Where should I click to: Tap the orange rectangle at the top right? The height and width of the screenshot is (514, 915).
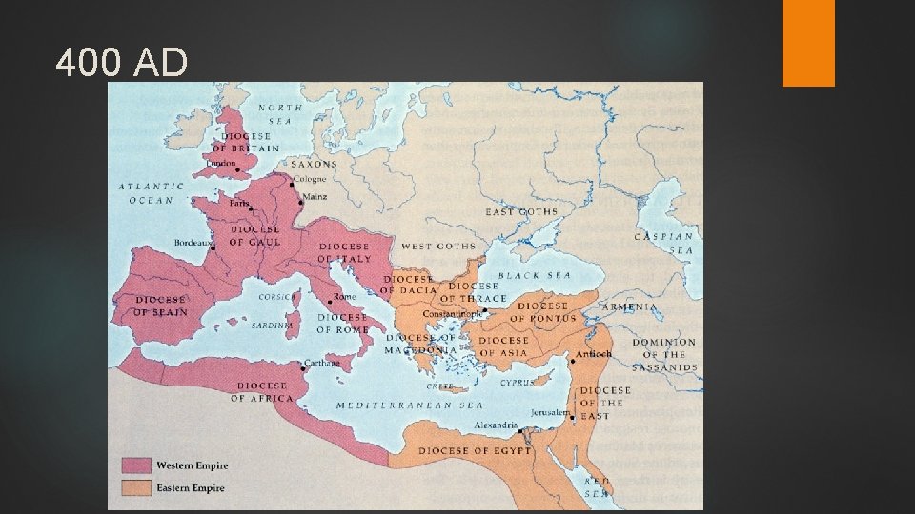click(x=808, y=42)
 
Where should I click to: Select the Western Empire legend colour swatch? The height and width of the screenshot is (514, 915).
click(x=136, y=465)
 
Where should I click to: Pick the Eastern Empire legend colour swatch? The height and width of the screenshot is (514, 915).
click(x=136, y=487)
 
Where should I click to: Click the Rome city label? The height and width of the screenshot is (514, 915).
click(x=344, y=297)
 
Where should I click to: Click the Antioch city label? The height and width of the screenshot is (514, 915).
click(x=593, y=354)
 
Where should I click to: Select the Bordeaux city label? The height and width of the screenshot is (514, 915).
click(x=192, y=243)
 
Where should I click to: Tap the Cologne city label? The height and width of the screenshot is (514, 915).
click(x=310, y=180)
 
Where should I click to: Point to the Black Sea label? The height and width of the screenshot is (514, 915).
click(x=535, y=276)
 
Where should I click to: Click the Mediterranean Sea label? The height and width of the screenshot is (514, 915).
click(x=403, y=405)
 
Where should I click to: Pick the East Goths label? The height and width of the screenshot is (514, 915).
click(x=521, y=211)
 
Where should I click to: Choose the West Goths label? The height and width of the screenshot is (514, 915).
click(x=437, y=247)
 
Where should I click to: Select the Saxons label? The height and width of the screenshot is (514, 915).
click(x=314, y=164)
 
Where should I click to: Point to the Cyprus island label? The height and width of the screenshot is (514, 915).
click(x=518, y=382)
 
